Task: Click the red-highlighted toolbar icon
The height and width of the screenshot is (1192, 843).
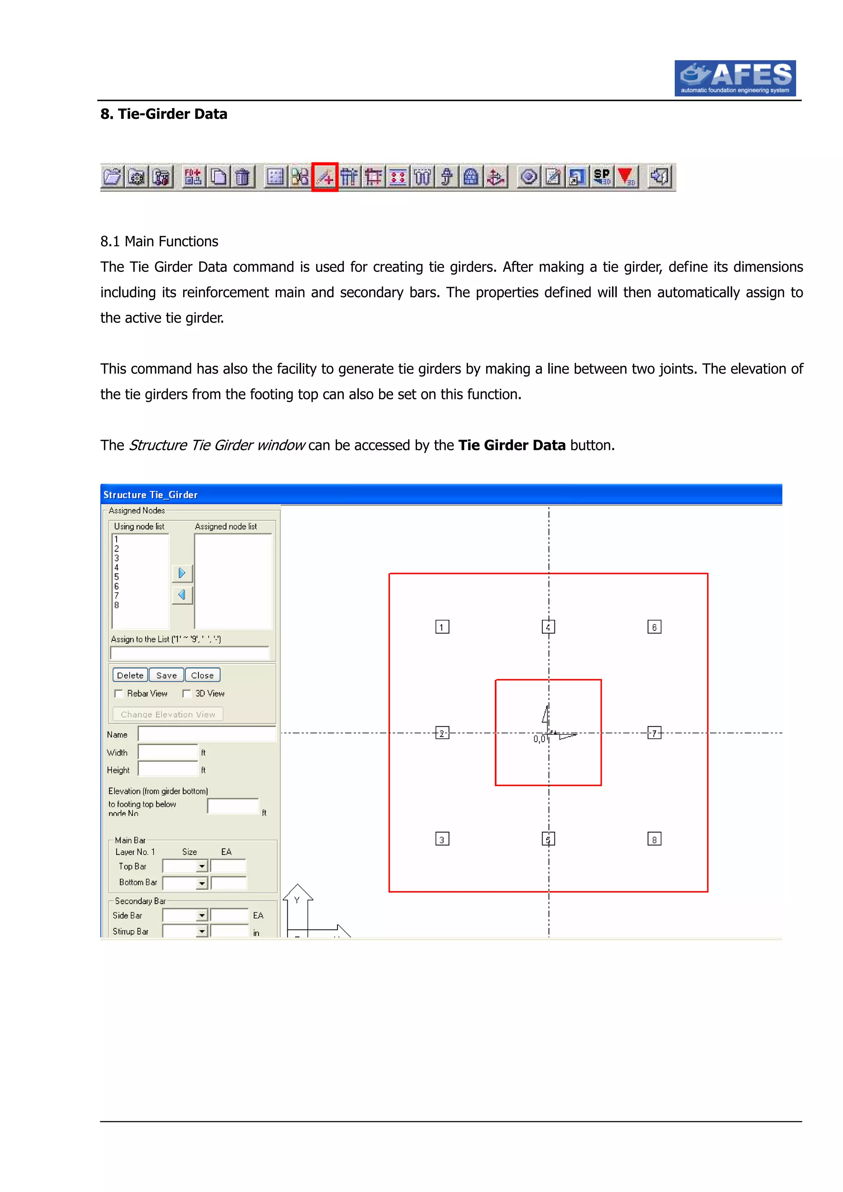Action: click(x=325, y=177)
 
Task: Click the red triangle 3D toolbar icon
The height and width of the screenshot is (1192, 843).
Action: click(x=626, y=177)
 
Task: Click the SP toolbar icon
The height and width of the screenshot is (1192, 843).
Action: click(x=602, y=177)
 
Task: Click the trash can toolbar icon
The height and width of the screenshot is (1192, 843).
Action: click(x=242, y=177)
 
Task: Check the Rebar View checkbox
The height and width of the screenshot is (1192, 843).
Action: click(x=119, y=693)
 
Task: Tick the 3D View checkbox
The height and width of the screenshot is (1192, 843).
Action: click(x=187, y=693)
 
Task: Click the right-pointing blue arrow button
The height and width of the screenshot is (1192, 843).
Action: click(x=182, y=573)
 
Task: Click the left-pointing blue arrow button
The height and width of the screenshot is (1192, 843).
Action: click(x=182, y=595)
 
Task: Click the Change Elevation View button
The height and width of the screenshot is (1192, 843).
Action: click(x=168, y=714)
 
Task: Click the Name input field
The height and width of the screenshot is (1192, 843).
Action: click(x=206, y=734)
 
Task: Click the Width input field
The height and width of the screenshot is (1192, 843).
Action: click(x=168, y=752)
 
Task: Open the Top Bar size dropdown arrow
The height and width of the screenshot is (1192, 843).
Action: click(x=202, y=867)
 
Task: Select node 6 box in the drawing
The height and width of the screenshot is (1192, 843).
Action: click(x=654, y=627)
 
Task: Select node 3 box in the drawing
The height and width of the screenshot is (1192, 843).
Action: click(x=442, y=840)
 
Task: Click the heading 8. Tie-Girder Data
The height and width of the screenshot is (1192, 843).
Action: click(x=163, y=114)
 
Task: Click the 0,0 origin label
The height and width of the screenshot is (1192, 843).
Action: click(x=539, y=739)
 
